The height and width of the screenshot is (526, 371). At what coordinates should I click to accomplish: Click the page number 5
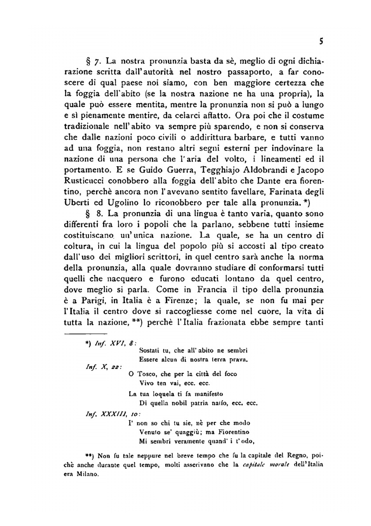pyautogui.click(x=321, y=42)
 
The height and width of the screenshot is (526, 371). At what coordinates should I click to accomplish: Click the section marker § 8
pyautogui.click(x=91, y=214)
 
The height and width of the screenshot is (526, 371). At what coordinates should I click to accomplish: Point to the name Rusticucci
pyautogui.click(x=84, y=181)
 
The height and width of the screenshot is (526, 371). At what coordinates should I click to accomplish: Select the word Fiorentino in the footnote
pyautogui.click(x=234, y=432)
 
